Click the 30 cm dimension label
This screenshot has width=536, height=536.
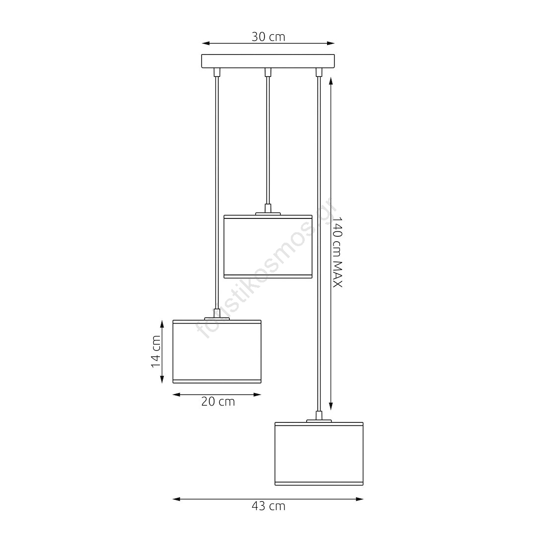click(x=268, y=37)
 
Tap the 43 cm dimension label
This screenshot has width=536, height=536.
click(x=268, y=506)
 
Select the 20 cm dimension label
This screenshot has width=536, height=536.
click(x=218, y=402)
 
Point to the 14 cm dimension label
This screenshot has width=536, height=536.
click(x=156, y=351)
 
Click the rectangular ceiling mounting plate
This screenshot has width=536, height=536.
click(x=268, y=61)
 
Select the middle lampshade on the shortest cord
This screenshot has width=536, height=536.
click(x=268, y=247)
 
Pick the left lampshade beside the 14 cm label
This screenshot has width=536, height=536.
click(x=217, y=351)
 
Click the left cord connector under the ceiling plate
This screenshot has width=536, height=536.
click(x=217, y=72)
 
